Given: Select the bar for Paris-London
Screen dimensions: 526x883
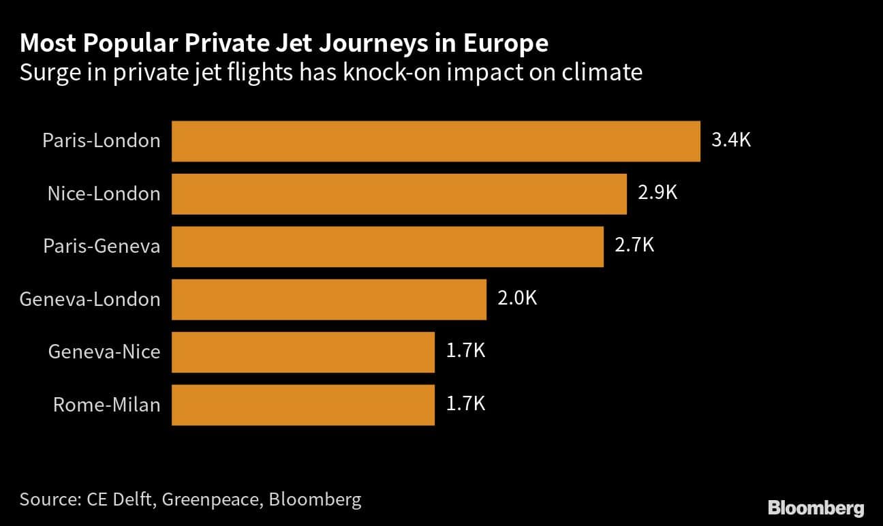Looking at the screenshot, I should (x=436, y=141).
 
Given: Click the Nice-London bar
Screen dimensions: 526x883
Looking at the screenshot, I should (x=399, y=194).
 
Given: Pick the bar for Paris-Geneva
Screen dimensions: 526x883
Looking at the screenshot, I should (x=388, y=247).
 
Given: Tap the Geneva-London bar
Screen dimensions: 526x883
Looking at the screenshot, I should (x=329, y=299).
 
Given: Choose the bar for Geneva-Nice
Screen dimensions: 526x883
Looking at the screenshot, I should (x=303, y=352).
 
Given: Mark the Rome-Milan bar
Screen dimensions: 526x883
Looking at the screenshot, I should (x=303, y=405).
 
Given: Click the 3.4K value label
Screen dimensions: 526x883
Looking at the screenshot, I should (x=731, y=140).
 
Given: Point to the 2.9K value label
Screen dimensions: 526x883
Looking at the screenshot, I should (x=657, y=193).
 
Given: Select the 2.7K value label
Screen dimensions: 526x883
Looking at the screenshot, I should (x=634, y=245).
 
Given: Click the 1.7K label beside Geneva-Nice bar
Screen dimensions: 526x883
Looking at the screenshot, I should (x=465, y=351).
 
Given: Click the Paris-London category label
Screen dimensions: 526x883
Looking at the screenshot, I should (x=102, y=141).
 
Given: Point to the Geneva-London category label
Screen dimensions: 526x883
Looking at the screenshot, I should (x=90, y=299).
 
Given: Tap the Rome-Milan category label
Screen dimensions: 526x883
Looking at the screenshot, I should (x=107, y=405).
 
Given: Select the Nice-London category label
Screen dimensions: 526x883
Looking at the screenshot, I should (x=104, y=194).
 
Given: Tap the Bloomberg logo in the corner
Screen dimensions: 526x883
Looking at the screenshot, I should (x=816, y=508).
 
